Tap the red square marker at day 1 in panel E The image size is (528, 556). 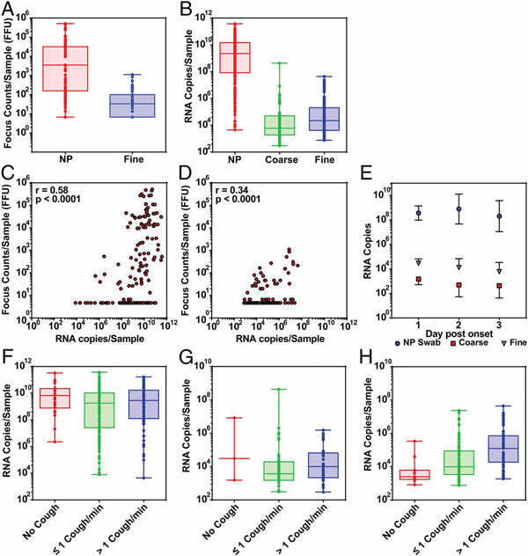(419, 280)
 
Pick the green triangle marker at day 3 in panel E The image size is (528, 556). (498, 273)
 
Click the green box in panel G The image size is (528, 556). (278, 470)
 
